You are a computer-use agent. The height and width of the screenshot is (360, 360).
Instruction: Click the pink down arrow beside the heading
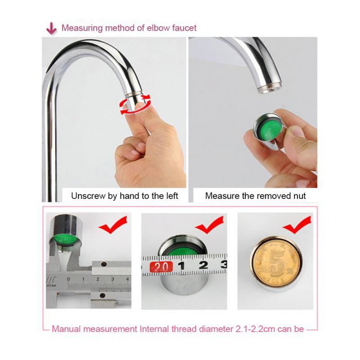coord(51,28)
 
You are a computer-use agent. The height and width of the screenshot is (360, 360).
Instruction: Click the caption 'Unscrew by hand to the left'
coord(125,196)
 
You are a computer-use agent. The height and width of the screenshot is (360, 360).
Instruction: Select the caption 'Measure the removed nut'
coord(255,196)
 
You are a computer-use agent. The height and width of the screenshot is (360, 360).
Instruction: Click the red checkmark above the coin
coord(297,225)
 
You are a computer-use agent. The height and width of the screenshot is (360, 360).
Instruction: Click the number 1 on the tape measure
coord(181,265)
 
